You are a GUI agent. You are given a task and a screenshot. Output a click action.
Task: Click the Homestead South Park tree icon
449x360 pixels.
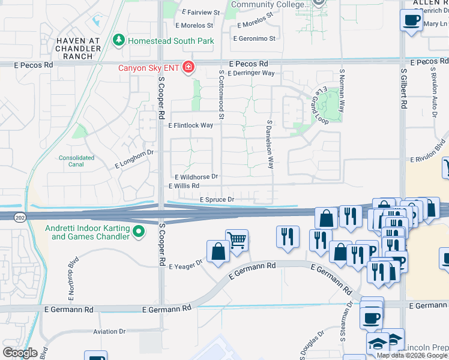119,41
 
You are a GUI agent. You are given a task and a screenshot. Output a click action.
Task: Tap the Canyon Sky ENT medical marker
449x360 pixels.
188,67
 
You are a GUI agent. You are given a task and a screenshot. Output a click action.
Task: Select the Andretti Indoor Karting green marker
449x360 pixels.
139,231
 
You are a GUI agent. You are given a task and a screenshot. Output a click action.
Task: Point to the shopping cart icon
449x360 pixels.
237,241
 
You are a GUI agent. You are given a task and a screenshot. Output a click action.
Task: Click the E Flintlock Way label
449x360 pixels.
191,125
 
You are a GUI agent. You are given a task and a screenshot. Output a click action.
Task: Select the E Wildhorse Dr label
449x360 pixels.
196,177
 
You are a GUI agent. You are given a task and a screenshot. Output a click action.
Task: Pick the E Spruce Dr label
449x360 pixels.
217,199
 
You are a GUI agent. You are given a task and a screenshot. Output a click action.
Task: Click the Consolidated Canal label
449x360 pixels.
77,161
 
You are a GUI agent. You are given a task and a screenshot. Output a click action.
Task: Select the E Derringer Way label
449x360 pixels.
252,73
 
